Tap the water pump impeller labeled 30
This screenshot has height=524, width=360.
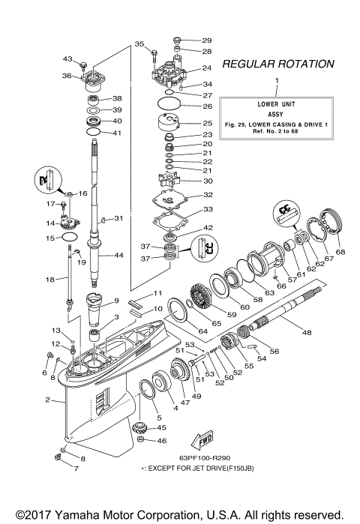click(173, 181)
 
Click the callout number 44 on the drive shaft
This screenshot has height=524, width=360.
click(118, 255)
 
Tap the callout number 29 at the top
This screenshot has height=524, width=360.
click(207, 40)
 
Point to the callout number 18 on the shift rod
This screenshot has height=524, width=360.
click(50, 279)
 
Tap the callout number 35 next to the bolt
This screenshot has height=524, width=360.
click(139, 45)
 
